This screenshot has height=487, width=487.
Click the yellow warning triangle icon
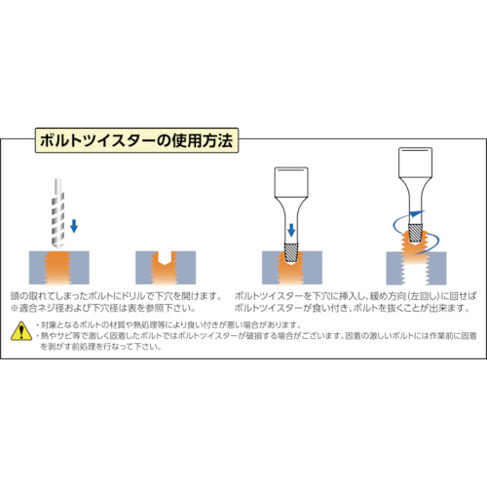(x=21, y=331)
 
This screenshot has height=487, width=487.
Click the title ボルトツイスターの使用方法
(x=136, y=140)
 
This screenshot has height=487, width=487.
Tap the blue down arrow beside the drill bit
(x=74, y=226)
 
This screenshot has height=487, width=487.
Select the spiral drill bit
(x=58, y=213)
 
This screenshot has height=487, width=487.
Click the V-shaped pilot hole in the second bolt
(x=166, y=259)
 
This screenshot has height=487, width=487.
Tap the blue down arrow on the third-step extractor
(x=291, y=230)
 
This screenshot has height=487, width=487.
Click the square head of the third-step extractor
(x=291, y=182)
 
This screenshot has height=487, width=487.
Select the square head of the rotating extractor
(x=415, y=163)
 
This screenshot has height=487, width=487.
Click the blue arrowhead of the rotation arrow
(x=417, y=213)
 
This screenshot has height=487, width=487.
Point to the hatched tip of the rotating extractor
(x=415, y=233)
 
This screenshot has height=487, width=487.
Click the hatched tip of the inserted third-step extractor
(x=291, y=253)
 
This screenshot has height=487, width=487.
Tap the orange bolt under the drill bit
(x=58, y=268)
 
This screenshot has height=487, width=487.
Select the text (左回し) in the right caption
(x=423, y=296)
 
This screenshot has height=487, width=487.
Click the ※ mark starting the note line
(x=15, y=308)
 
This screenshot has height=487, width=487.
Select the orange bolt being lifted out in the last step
(x=416, y=248)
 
